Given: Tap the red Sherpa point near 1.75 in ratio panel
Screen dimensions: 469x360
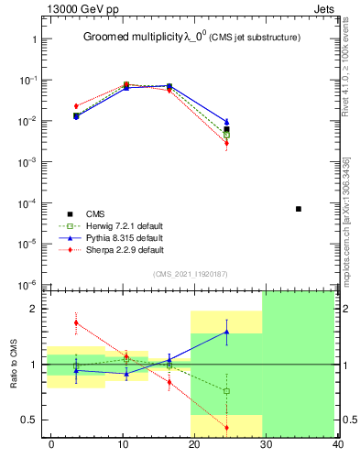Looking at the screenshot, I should [x=76, y=322].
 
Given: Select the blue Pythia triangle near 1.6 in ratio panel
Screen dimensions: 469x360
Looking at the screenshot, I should [x=226, y=332].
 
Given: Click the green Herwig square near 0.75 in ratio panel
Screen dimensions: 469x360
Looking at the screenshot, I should [x=226, y=391].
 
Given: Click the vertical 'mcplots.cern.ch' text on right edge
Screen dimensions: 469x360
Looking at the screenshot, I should [x=345, y=220].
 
